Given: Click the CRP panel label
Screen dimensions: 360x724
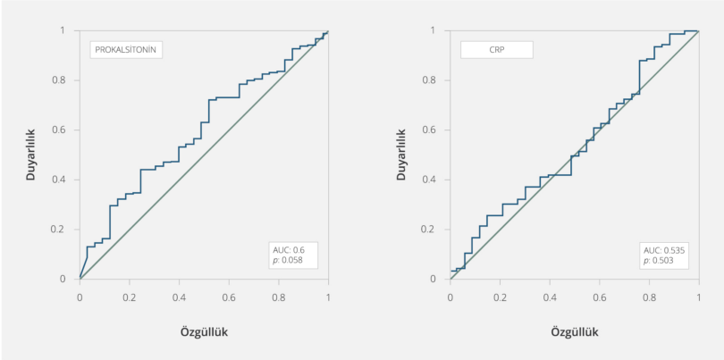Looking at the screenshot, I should (x=496, y=50).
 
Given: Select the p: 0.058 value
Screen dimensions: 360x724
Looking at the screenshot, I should (x=288, y=261).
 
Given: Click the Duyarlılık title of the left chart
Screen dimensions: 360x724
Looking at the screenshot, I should (x=30, y=154).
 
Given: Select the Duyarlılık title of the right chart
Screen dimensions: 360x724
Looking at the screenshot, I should (x=401, y=154).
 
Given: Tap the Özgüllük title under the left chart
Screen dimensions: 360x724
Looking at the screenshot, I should (x=204, y=331).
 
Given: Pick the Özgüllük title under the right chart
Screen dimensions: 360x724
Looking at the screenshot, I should (x=575, y=331).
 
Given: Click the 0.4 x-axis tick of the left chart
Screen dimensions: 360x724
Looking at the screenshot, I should (x=179, y=296).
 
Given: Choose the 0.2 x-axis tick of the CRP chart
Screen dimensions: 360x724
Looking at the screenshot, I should (x=501, y=296).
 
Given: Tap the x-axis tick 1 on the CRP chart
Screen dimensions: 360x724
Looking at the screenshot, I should (x=698, y=296).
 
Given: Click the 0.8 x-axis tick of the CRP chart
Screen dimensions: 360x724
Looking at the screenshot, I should (x=649, y=296).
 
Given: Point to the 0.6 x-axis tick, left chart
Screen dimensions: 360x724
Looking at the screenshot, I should (x=229, y=296).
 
